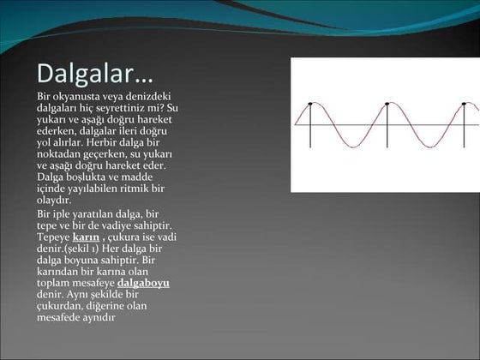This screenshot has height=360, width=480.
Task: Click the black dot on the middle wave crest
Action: click(x=387, y=104)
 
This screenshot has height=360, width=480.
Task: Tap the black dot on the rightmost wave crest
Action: click(x=465, y=104)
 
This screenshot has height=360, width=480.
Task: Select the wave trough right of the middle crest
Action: click(x=426, y=147)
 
